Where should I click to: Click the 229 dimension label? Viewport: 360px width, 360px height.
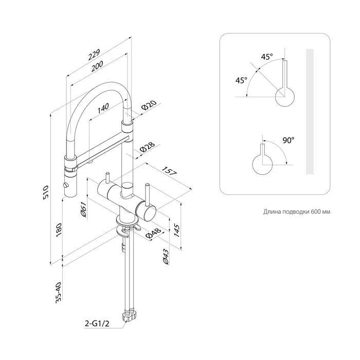pos(94,55)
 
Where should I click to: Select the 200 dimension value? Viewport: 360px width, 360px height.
pos(97,66)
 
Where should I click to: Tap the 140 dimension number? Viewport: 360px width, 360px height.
pos(103,109)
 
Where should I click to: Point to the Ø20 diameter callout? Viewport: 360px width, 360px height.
pos(149,105)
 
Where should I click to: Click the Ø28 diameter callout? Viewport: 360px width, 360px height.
pos(147,148)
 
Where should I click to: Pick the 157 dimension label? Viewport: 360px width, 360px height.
pos(169,171)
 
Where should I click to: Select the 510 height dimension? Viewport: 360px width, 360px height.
pos(46,193)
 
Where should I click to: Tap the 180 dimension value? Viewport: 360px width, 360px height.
pos(59,230)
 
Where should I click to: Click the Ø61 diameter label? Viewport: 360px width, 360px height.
pos(83,209)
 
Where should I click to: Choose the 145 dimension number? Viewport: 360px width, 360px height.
pos(177,230)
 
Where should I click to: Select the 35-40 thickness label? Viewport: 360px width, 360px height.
pos(59,293)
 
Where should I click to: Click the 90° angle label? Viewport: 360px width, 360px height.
pos(289,140)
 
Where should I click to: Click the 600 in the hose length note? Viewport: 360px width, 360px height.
pos(315,211)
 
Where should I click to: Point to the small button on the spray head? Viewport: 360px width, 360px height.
pos(66,185)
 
